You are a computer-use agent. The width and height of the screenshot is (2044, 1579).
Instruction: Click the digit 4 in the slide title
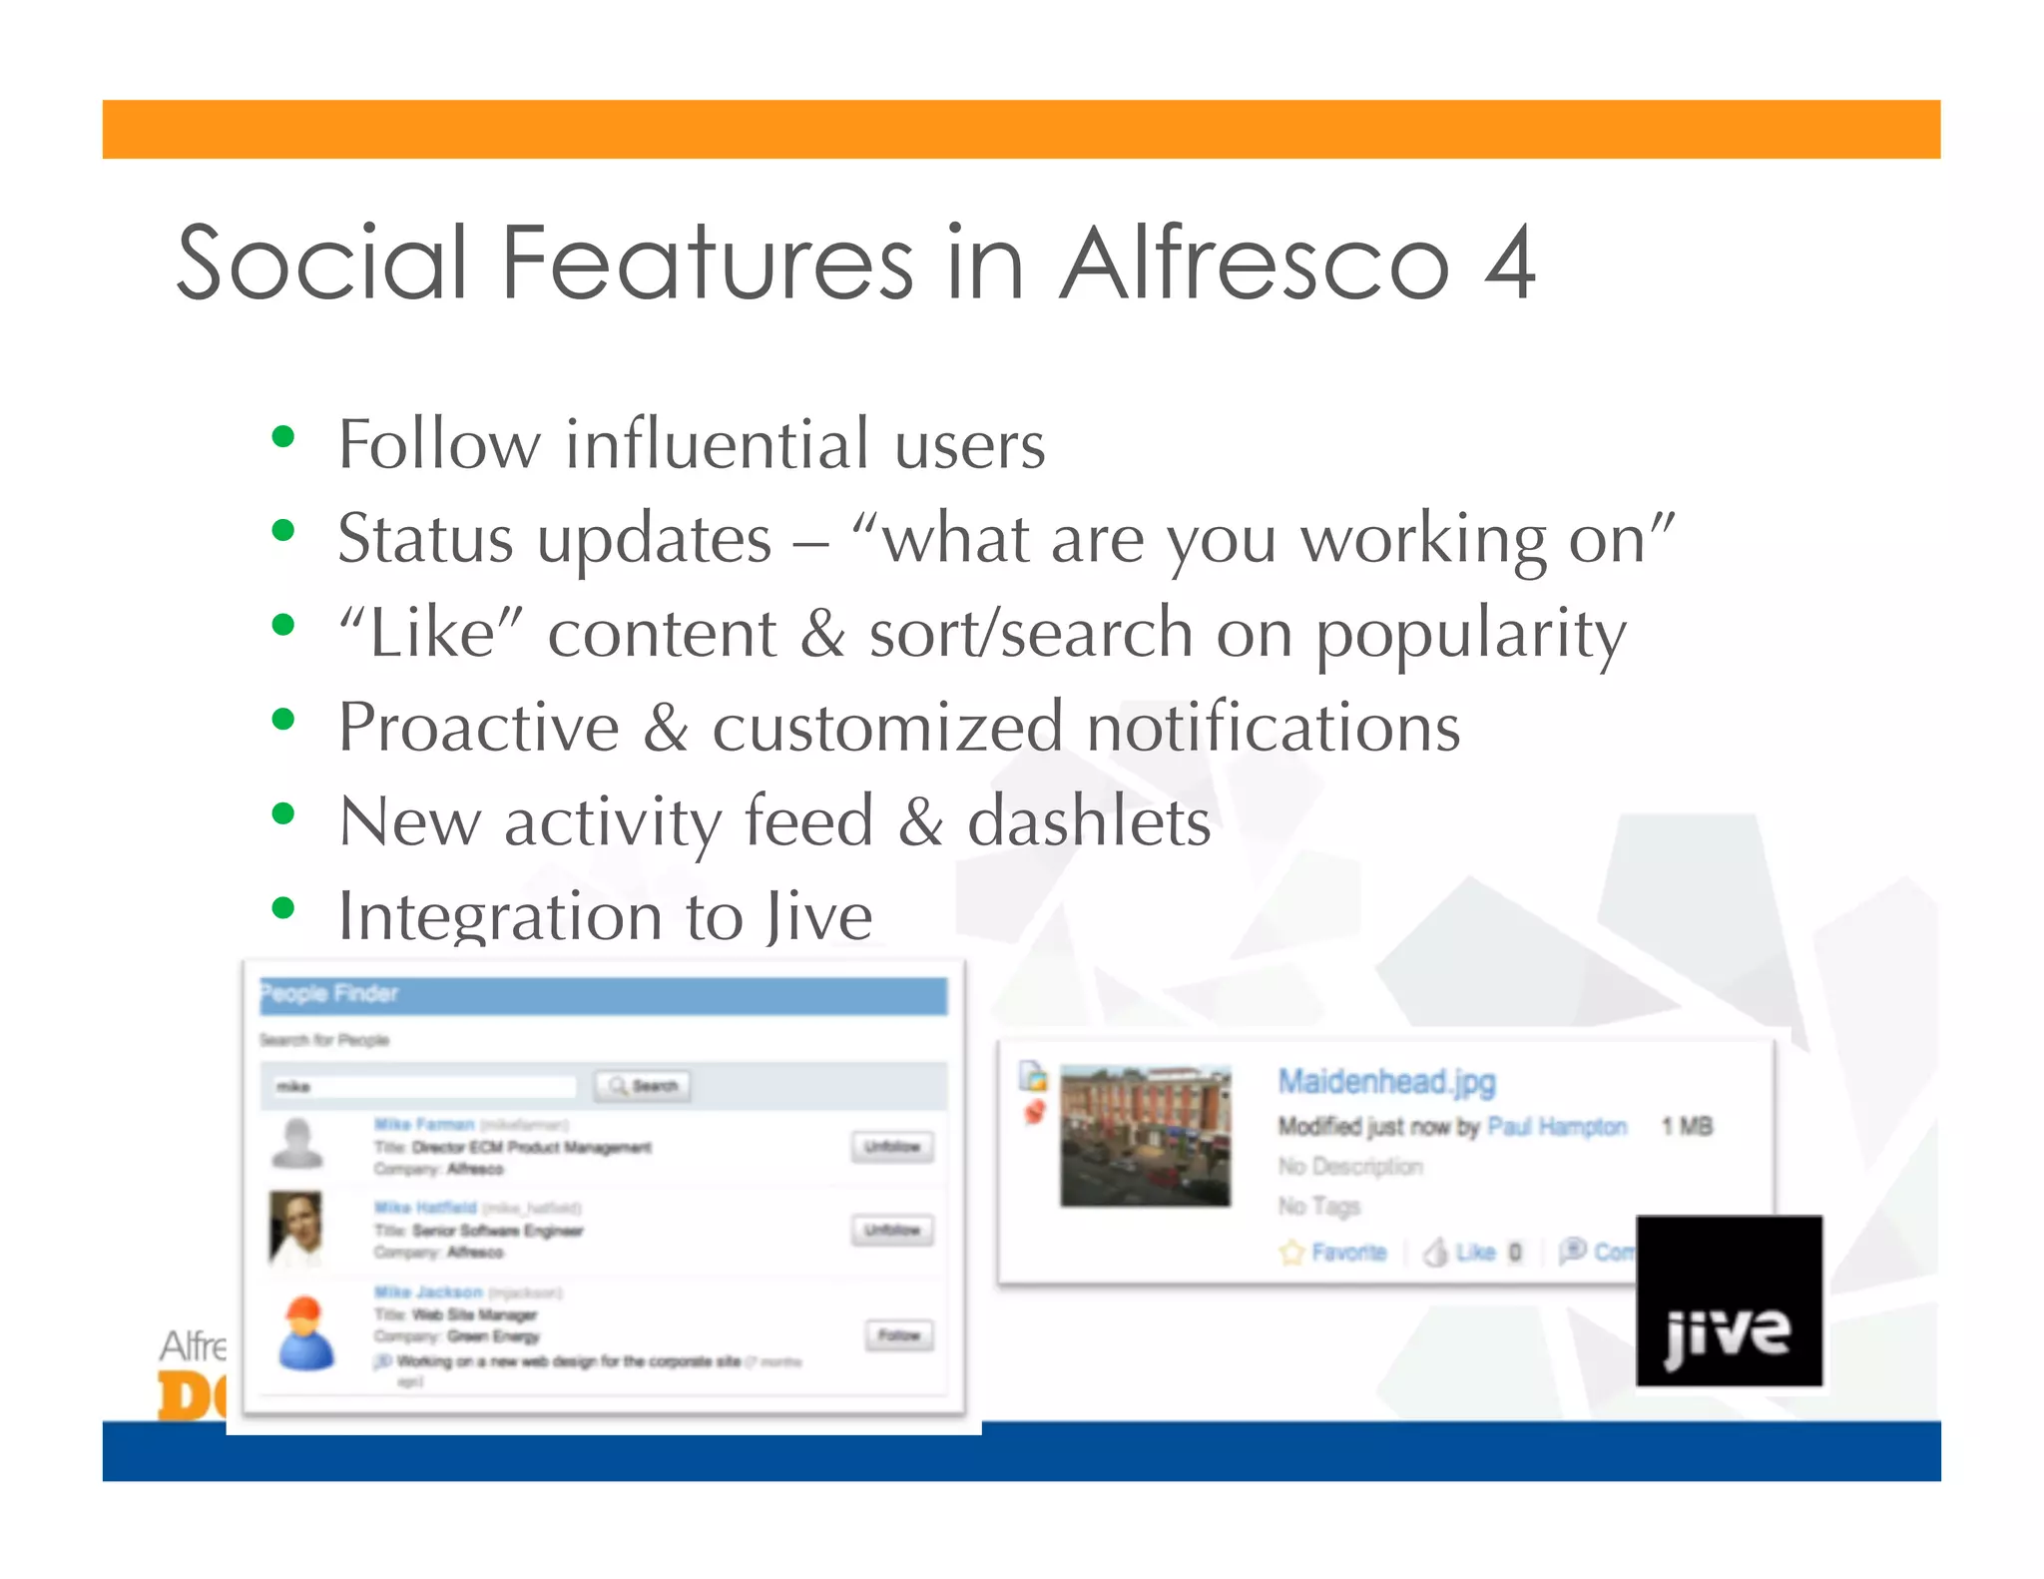click(x=1508, y=263)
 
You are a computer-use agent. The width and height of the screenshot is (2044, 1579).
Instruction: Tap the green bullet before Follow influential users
click(x=283, y=437)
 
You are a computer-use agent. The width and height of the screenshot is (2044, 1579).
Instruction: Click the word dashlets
click(x=1089, y=822)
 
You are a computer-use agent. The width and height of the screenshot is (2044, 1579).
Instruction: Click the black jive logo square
click(x=1729, y=1301)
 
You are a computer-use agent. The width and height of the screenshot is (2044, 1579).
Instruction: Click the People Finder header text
click(x=329, y=993)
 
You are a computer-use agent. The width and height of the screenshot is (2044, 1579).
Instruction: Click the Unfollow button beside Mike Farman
click(x=891, y=1147)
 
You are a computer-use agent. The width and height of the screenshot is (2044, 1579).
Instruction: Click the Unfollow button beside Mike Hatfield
click(x=891, y=1230)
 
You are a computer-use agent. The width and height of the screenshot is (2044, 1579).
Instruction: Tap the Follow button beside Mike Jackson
click(x=898, y=1335)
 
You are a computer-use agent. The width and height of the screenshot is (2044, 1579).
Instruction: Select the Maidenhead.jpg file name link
click(x=1386, y=1081)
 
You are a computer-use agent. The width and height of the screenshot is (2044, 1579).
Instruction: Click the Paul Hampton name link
click(x=1556, y=1127)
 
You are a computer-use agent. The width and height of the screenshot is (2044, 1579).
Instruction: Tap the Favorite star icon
click(x=1292, y=1252)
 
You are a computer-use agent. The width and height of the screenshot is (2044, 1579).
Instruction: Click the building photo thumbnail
click(x=1145, y=1136)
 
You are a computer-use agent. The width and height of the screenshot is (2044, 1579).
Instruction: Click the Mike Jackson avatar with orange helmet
click(x=305, y=1333)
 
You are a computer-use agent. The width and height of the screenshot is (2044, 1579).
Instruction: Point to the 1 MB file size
click(x=1687, y=1127)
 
